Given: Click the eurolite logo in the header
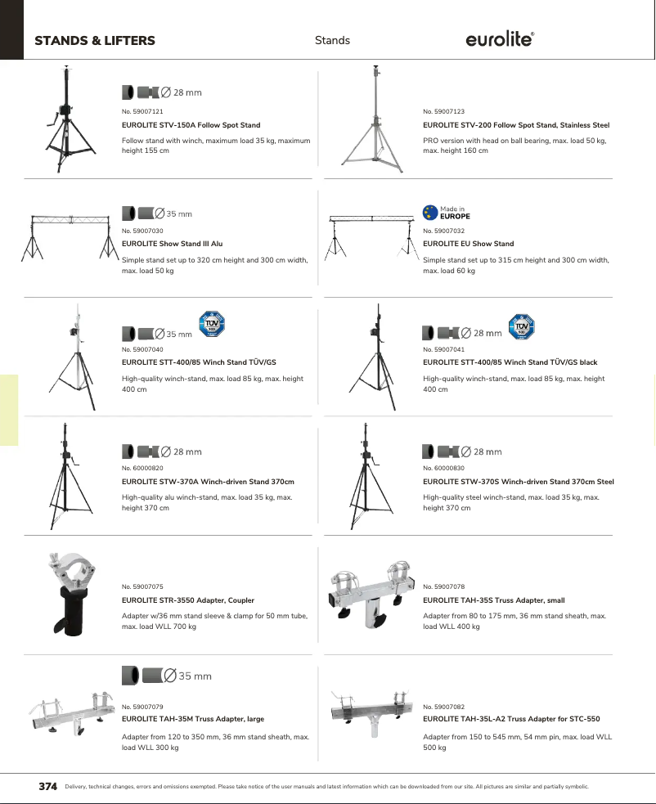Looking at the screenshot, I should pos(500,40).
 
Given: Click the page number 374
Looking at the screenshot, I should pos(48,787).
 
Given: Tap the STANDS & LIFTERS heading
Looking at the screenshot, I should pos(95,41).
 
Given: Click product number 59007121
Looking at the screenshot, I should pos(142,111).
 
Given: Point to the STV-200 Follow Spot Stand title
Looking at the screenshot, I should pos(516,125).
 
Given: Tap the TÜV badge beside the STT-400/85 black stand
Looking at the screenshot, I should pos(521,327).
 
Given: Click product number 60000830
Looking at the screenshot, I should pos(443,468).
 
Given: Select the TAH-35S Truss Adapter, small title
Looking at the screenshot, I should pos(493,600).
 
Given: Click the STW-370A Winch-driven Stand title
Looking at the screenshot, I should pos(208,482).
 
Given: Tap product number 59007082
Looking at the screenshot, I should pos(443,706).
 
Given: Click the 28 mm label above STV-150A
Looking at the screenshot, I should pos(187,92).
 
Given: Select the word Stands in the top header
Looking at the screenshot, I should pos(332,40).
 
